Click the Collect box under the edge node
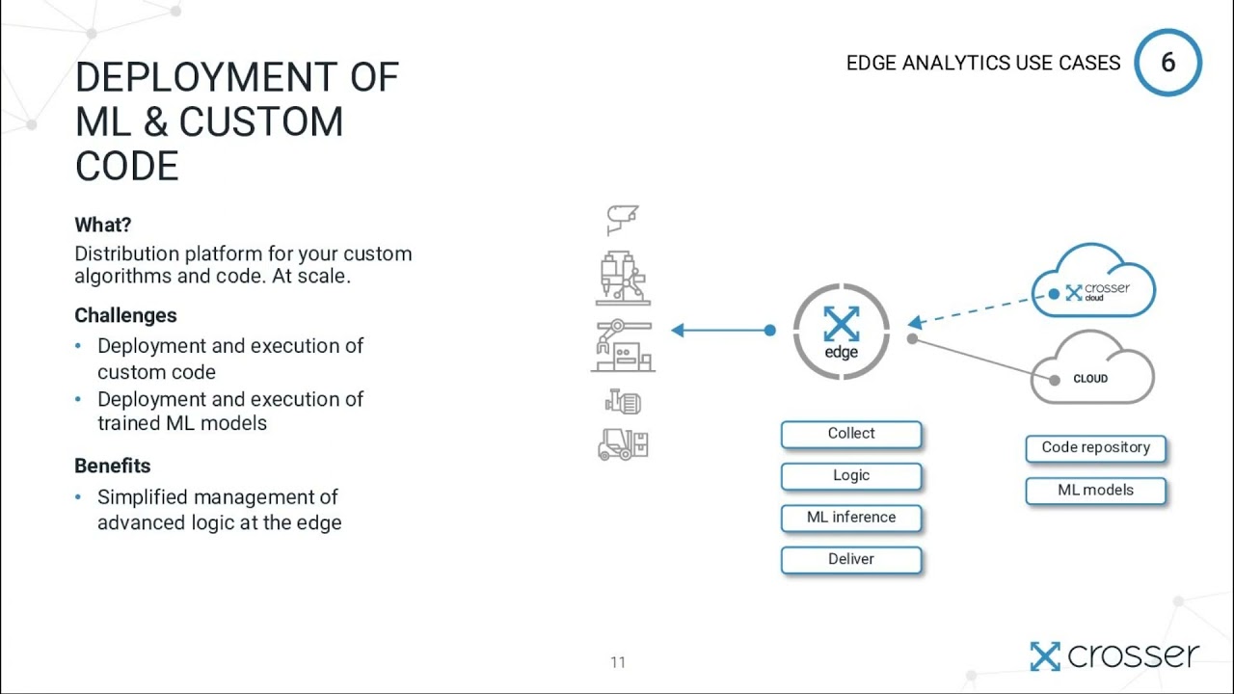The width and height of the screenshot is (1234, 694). click(x=851, y=434)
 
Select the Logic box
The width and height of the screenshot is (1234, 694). click(x=851, y=475)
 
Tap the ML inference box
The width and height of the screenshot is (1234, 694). click(x=851, y=518)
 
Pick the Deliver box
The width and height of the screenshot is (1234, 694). click(x=851, y=559)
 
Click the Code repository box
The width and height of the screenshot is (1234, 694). click(x=1095, y=448)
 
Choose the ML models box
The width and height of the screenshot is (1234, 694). click(x=1095, y=491)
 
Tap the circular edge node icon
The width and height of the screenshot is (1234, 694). click(x=841, y=331)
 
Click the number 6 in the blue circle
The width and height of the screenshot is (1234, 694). click(x=1168, y=63)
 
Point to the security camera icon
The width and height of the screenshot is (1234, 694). click(x=622, y=220)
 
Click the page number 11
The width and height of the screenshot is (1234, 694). click(x=618, y=662)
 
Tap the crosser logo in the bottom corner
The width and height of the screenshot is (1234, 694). click(x=1114, y=656)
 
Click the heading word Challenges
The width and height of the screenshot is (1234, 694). click(x=125, y=315)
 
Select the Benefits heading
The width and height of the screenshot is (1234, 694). click(x=113, y=466)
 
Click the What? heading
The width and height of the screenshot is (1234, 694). click(x=102, y=225)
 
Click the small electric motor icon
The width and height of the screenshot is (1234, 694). click(x=623, y=401)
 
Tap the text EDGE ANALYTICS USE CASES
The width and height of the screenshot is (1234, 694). click(x=983, y=64)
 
